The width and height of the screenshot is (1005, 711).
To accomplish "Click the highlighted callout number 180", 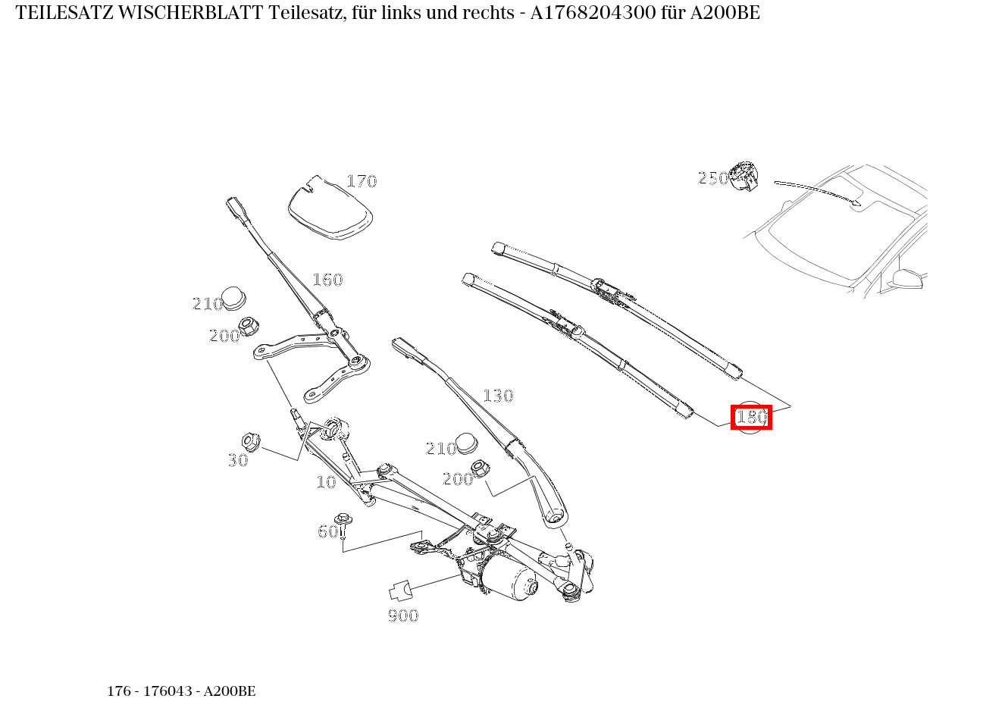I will click(x=751, y=417).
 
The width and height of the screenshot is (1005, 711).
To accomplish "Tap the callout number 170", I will click(x=362, y=181).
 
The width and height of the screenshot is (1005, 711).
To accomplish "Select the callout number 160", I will click(x=327, y=280).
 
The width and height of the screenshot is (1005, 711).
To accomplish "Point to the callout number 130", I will click(x=498, y=396).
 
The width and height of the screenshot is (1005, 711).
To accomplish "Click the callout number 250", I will click(x=712, y=178).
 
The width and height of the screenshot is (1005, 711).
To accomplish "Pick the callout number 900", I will click(x=403, y=615).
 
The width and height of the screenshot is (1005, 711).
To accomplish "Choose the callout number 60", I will click(x=327, y=531).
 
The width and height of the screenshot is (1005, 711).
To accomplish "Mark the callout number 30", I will click(x=237, y=460).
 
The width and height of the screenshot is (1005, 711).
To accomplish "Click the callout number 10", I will click(x=326, y=482).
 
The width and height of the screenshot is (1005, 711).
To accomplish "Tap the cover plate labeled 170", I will click(x=330, y=207).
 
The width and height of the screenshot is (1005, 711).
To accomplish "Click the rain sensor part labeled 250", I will click(x=744, y=177).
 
